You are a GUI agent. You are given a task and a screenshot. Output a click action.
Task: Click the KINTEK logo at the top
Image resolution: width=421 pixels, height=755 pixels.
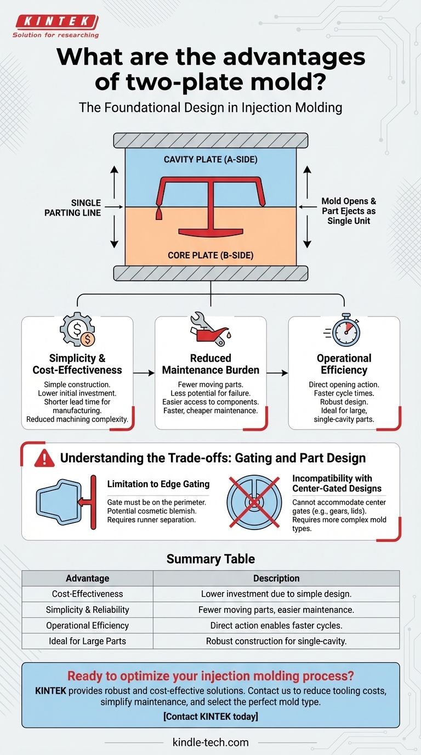coord(56,22)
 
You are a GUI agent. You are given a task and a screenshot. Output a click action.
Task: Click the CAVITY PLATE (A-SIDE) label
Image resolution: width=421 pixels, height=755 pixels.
coord(210,159)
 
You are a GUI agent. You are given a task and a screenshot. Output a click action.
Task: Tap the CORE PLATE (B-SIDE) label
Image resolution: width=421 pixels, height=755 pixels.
coord(210,256)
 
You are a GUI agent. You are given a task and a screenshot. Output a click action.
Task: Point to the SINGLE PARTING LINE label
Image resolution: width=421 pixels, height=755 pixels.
coord(73,207)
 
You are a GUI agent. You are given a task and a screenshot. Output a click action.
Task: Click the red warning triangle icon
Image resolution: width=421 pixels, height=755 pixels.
coord(44,458)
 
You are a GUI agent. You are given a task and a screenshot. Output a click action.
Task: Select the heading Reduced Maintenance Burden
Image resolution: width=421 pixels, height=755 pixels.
coord(210,364)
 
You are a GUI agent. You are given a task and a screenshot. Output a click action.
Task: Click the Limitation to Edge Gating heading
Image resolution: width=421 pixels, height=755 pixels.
coord(158,483)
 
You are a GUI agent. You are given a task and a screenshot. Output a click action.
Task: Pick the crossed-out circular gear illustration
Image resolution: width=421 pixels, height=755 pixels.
coord(253,501)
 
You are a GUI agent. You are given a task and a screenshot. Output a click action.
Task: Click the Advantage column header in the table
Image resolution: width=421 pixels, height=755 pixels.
coord(87,578)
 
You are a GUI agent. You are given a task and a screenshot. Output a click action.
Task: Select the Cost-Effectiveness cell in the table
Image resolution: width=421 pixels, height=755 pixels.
coord(87,594)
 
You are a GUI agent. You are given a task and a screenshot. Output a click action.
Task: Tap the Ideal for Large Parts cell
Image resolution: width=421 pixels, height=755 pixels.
coord(87,641)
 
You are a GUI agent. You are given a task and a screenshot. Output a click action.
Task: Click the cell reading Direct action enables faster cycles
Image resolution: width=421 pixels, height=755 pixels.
coord(276,625)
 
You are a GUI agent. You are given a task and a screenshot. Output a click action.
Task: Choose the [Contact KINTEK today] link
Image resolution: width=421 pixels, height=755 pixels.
coord(210,715)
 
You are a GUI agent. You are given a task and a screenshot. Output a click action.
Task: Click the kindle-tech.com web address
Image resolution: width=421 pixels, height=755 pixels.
coord(210,742)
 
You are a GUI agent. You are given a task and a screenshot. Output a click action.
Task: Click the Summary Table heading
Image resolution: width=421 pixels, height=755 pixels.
coord(210,559)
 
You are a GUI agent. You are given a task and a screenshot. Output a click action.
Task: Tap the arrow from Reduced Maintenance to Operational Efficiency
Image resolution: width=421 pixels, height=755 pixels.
coord(277,373)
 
